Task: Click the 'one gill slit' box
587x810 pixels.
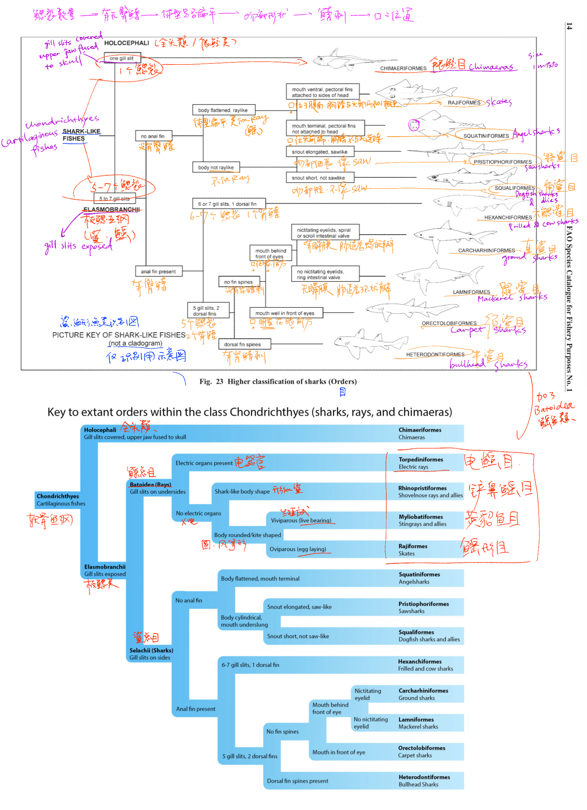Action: coord(121,58)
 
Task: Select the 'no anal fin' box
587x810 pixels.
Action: coord(153,136)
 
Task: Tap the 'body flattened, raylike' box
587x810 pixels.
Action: coord(223,110)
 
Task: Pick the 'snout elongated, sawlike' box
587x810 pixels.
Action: coord(320,152)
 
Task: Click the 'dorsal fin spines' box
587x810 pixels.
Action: coord(243,344)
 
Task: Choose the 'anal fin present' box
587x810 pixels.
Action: coord(159,272)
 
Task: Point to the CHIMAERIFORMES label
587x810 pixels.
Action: coord(403,68)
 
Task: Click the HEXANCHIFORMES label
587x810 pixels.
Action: coord(508,218)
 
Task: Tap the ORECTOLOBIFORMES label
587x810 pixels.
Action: coord(449,324)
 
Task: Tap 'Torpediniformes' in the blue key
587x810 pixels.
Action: coord(421,460)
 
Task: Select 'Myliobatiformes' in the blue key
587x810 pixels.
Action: coord(421,517)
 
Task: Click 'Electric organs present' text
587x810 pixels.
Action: coord(204,463)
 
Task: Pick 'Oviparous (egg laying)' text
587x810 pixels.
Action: coord(298,549)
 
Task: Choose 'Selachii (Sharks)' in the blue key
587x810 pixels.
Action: coord(151,650)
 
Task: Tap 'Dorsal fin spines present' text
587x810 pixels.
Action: coord(297,781)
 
